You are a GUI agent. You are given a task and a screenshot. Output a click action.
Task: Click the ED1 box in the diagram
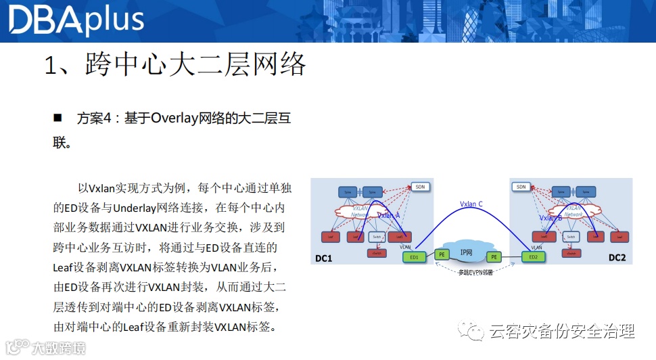point(414,257)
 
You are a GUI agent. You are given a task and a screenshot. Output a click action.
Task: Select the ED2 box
point(534,257)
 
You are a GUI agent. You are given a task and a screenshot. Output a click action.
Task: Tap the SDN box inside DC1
point(420,187)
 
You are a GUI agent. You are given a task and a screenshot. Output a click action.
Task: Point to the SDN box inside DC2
point(521,187)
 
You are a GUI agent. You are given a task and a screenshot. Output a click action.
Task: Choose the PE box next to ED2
point(494,257)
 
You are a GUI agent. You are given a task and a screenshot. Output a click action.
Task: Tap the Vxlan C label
point(471,204)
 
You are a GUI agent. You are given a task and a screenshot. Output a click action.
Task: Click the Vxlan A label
point(388,215)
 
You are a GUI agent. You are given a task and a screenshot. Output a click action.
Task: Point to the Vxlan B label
point(550,218)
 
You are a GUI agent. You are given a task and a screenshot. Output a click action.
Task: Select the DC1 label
point(324,258)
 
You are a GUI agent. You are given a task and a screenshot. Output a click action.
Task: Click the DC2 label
point(617,258)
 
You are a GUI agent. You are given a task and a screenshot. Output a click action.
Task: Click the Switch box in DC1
point(377,237)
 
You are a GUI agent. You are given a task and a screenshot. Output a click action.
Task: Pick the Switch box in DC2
point(571,237)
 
